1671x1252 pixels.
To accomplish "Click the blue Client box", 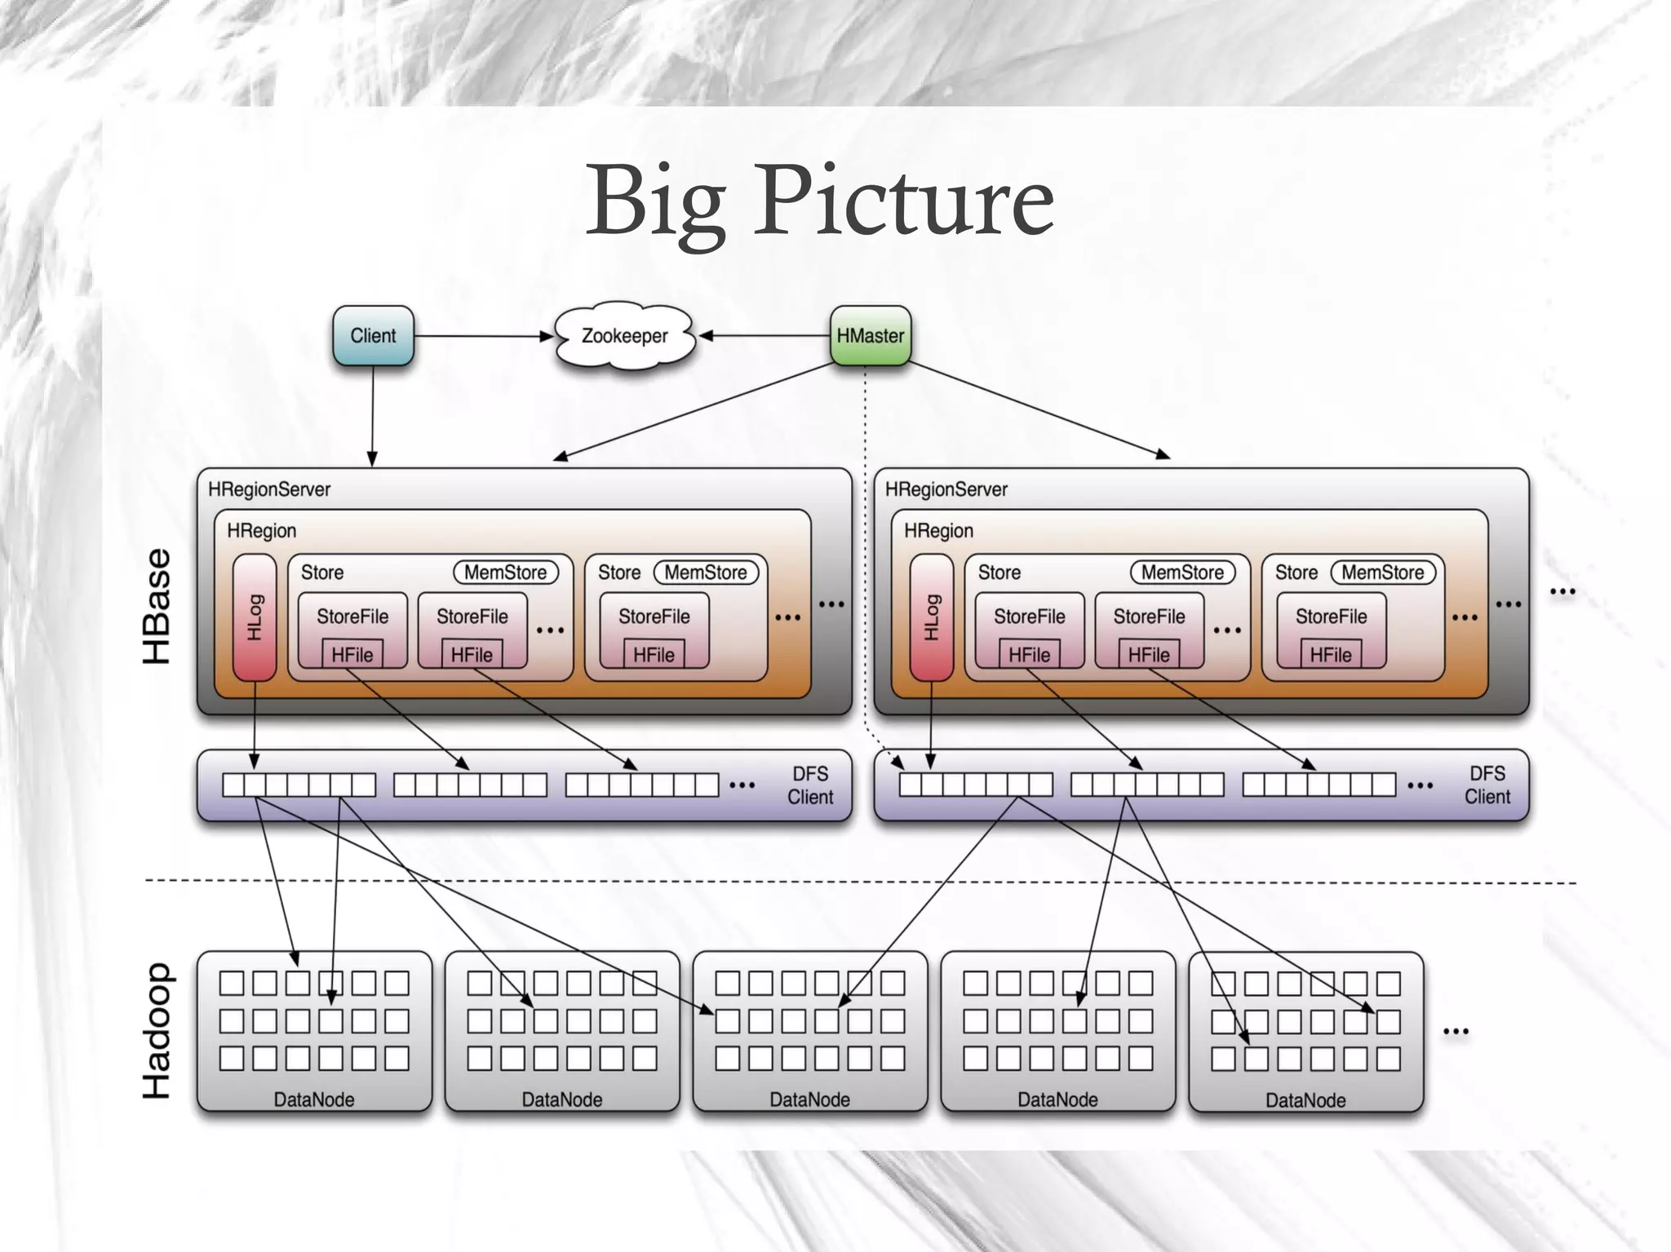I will (x=373, y=335).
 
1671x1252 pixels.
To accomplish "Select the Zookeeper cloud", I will (x=624, y=336).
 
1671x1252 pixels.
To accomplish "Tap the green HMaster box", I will (x=870, y=335).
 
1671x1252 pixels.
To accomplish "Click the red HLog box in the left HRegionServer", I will (x=255, y=617).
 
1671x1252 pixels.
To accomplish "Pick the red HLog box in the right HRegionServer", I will (x=931, y=617).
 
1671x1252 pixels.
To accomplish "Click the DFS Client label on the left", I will (x=810, y=785).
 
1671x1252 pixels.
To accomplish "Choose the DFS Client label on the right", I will (x=1487, y=785).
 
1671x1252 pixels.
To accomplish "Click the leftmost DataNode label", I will (x=314, y=1099).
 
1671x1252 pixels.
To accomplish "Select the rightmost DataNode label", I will (x=1305, y=1100).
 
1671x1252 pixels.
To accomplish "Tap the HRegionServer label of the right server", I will (x=946, y=489).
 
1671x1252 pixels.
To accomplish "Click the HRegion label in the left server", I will (x=261, y=531).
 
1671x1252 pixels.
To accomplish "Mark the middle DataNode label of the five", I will (x=809, y=1099).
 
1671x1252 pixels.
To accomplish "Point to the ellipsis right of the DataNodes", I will (x=1456, y=1032).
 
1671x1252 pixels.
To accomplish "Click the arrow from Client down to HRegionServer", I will (x=373, y=416).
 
